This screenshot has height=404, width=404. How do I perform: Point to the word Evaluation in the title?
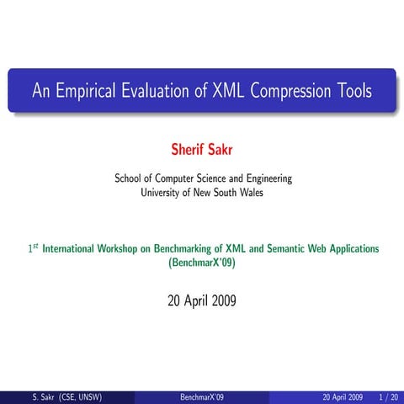[x=156, y=91]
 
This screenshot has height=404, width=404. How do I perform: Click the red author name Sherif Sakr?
[x=203, y=151]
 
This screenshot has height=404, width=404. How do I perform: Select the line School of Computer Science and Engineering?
[x=203, y=178]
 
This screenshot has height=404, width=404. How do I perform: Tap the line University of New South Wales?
[x=203, y=192]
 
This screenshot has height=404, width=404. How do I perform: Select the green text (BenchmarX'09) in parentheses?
[x=203, y=262]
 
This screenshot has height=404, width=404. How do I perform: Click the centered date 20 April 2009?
[x=203, y=300]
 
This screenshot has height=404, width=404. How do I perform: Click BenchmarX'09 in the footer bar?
[x=202, y=396]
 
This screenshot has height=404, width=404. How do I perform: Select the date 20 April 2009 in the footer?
[x=343, y=396]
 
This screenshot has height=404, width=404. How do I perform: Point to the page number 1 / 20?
[x=389, y=396]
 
